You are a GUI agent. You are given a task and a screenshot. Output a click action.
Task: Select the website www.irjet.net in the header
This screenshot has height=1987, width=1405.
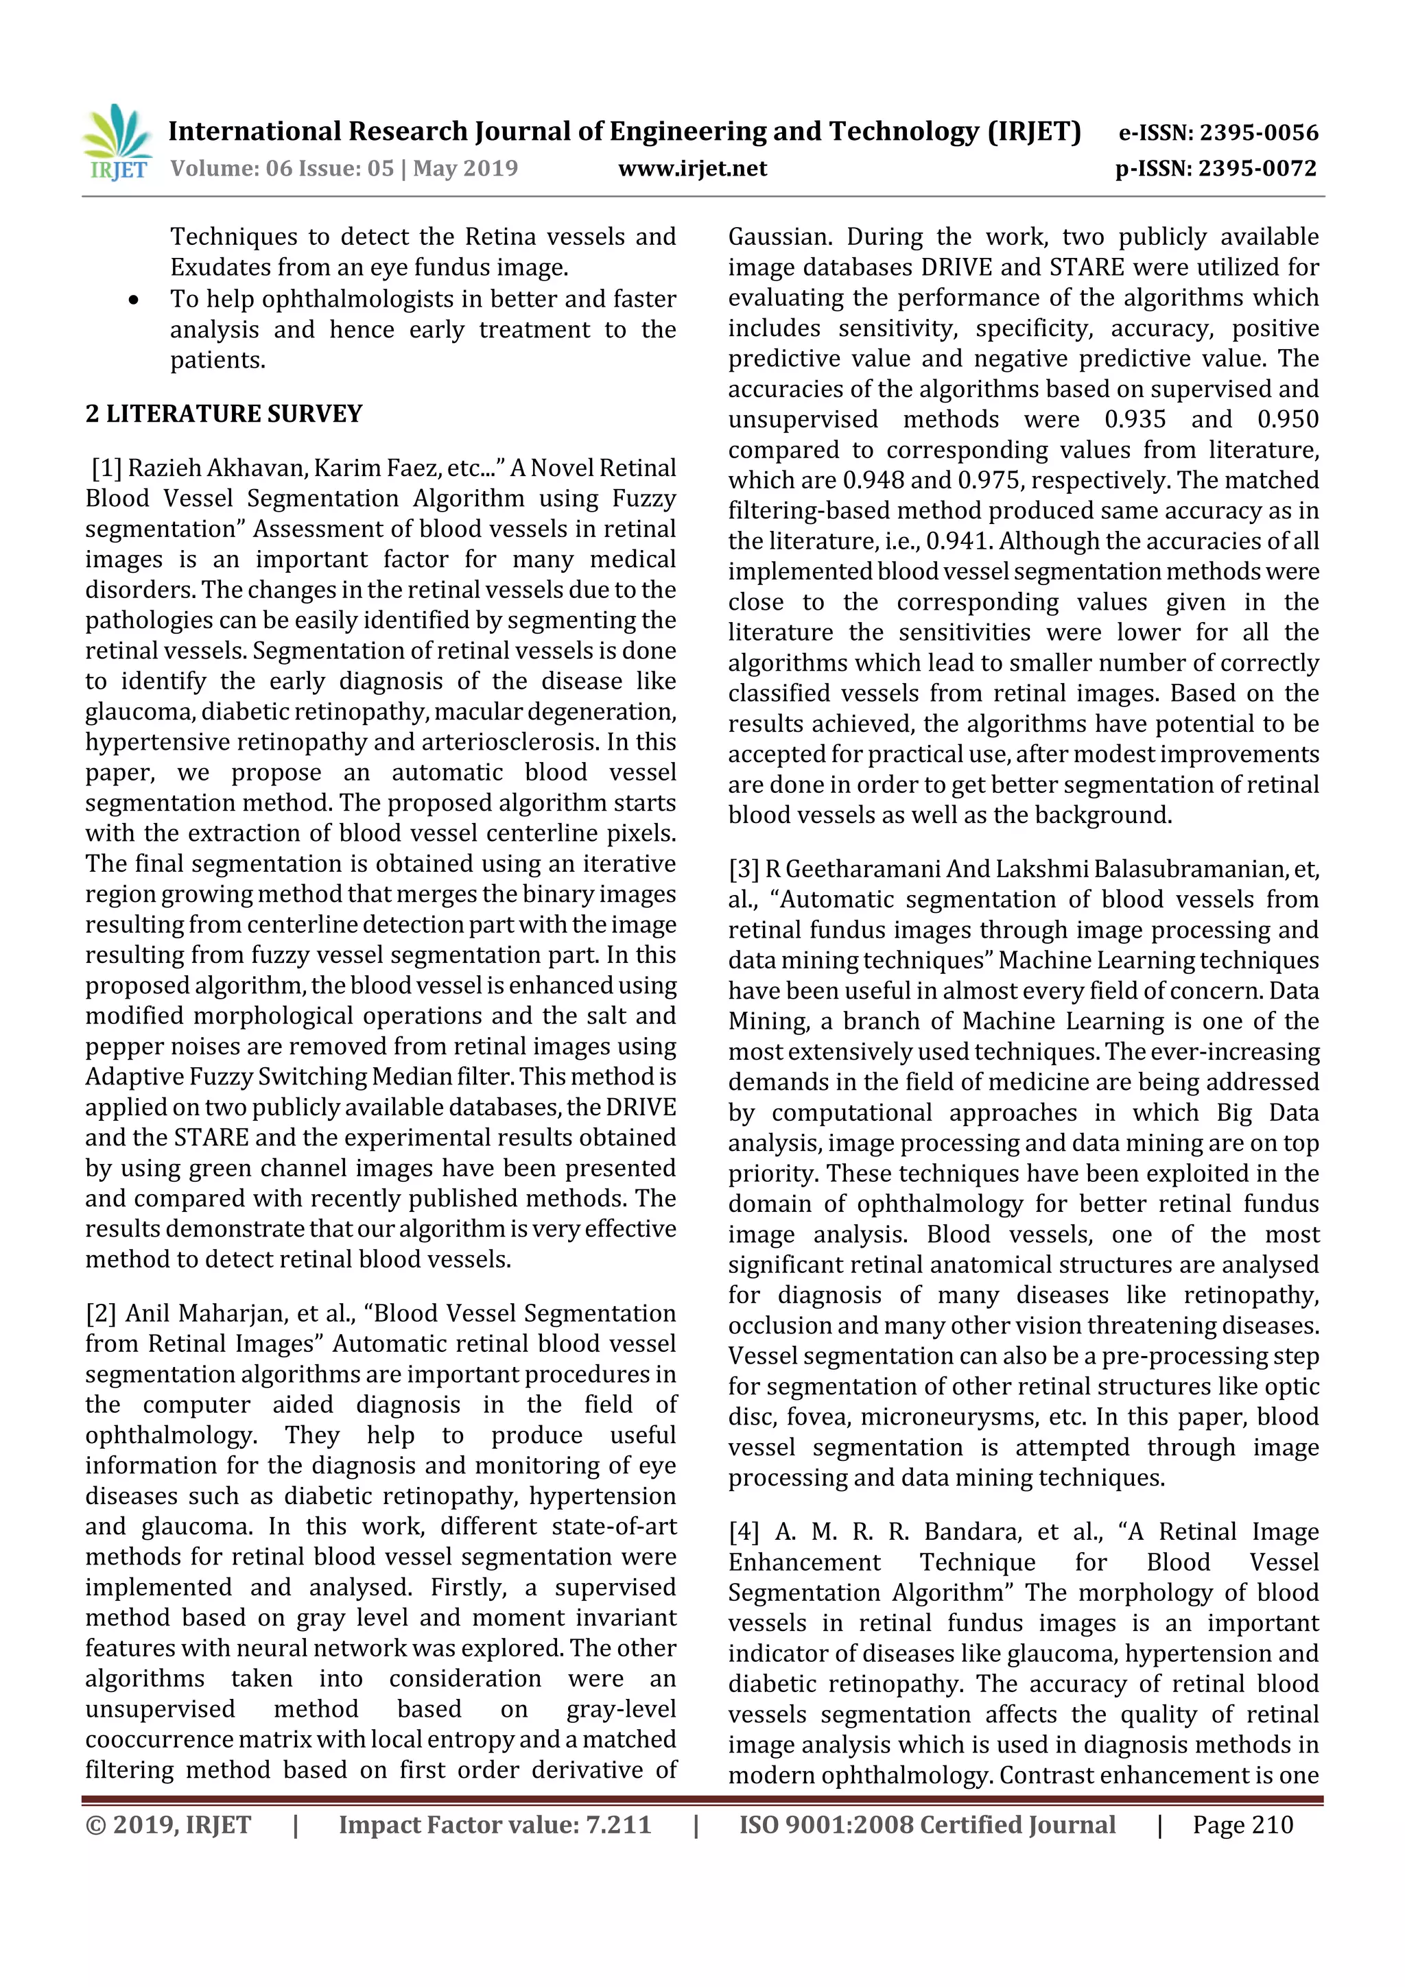692,169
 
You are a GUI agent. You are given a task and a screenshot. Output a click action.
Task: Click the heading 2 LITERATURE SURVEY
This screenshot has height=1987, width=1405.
224,414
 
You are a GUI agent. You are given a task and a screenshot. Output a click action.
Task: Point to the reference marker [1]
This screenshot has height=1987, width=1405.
106,468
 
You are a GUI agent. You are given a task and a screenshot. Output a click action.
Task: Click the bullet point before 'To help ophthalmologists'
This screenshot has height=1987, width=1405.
133,300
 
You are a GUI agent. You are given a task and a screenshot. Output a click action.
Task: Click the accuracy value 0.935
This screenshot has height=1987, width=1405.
1134,420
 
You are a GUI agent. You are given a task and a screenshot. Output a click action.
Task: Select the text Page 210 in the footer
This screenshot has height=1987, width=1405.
1242,1825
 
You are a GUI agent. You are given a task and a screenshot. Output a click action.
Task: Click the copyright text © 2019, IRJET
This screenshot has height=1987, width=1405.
168,1825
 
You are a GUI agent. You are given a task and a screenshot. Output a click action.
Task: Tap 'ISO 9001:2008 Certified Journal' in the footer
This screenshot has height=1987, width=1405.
926,1825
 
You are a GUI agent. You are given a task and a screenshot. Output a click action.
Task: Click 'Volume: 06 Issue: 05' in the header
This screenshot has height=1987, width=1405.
282,169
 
